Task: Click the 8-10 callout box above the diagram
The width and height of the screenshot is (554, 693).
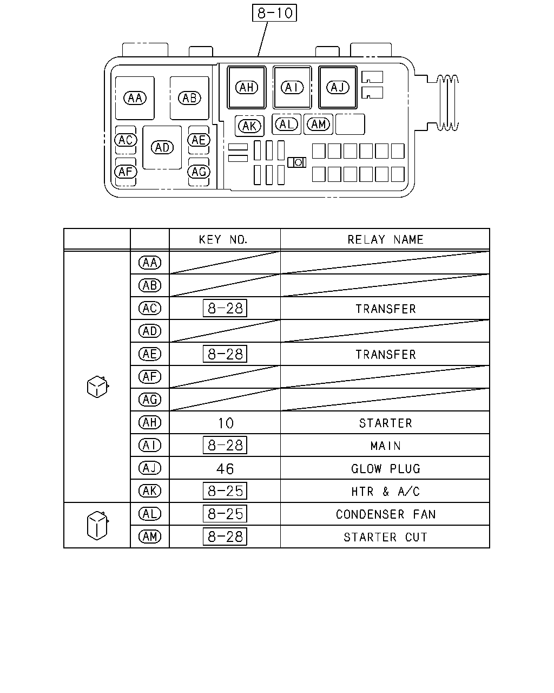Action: pos(274,13)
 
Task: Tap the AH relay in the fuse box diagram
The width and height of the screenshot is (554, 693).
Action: pos(247,87)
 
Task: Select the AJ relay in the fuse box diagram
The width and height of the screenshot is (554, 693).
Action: pos(338,87)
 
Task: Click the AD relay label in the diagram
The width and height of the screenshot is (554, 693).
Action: pos(162,147)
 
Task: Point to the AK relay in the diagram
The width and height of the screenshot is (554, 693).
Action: pos(249,126)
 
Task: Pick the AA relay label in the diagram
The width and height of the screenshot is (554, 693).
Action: pos(135,98)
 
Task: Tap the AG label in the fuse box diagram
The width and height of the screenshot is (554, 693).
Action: pos(199,172)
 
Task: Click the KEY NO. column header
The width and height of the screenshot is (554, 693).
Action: pos(223,240)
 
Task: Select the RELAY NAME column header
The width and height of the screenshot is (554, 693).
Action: pos(385,240)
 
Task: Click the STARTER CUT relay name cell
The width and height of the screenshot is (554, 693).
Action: pos(385,537)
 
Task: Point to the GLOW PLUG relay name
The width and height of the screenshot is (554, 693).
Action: pos(386,468)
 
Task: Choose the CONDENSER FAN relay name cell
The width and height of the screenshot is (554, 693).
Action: pos(386,514)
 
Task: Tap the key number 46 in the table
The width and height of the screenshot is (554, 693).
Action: pos(225,468)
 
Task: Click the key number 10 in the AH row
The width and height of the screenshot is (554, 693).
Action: pos(226,423)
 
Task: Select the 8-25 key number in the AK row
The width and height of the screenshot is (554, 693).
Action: pos(225,491)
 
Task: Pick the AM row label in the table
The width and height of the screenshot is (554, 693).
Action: pos(150,537)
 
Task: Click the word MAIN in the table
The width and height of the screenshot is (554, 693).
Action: pos(386,446)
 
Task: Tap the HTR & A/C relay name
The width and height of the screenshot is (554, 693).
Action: pos(386,492)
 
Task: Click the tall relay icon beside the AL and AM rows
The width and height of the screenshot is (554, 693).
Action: pos(97,525)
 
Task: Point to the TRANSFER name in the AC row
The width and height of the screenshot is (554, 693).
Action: pos(386,309)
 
